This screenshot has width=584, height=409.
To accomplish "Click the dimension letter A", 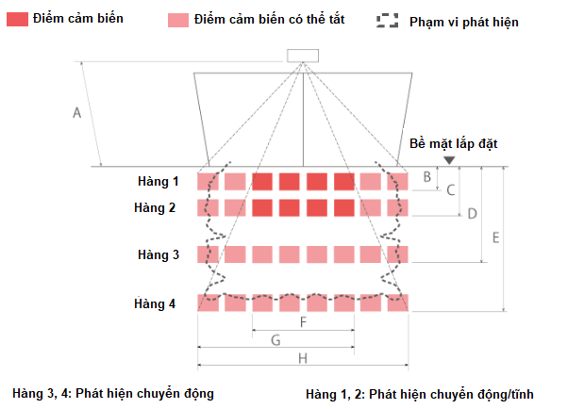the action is [76, 112].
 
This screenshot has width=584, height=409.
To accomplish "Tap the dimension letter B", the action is [427, 177].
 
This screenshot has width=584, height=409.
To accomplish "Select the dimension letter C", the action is [451, 190].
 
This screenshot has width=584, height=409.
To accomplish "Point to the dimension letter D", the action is [473, 214].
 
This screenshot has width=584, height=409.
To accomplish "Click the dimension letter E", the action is [495, 237].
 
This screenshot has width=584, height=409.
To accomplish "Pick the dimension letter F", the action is [303, 322].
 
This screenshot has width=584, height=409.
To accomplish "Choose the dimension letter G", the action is [275, 340].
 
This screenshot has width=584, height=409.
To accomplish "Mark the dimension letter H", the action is [303, 358].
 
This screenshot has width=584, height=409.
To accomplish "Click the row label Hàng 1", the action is [159, 181].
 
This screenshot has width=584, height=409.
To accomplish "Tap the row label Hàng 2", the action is [155, 207].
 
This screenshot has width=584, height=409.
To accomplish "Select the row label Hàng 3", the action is [159, 254].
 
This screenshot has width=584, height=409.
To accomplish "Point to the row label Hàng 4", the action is [155, 303].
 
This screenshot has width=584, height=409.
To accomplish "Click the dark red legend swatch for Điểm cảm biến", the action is [18, 20].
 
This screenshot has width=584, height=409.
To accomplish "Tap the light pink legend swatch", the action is [178, 20].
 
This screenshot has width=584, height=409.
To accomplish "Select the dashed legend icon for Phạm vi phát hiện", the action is [388, 21].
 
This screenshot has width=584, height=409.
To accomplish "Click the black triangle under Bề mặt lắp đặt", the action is [449, 160].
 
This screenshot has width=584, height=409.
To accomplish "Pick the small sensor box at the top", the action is [303, 56].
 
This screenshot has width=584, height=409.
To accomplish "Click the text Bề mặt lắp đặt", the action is [453, 143].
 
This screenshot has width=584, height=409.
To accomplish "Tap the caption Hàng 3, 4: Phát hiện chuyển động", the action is [113, 393].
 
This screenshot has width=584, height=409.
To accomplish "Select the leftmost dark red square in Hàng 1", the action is [262, 182].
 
